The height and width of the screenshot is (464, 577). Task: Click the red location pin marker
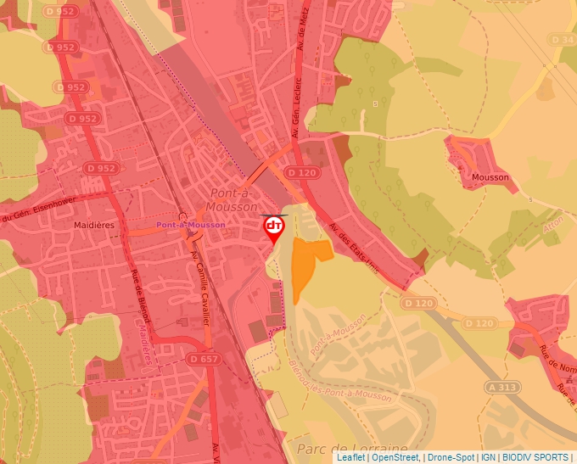[274, 227]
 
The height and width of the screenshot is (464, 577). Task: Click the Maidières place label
[94, 225]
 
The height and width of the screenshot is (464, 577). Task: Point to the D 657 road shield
[204, 360]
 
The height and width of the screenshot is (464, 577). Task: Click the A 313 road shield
[502, 387]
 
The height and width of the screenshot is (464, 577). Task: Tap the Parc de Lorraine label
[352, 448]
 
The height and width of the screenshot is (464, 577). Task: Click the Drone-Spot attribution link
[450, 457]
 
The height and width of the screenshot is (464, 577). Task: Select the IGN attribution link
[489, 457]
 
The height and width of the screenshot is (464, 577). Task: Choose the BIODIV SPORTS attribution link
[535, 457]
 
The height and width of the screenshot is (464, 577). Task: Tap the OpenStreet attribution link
[395, 457]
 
